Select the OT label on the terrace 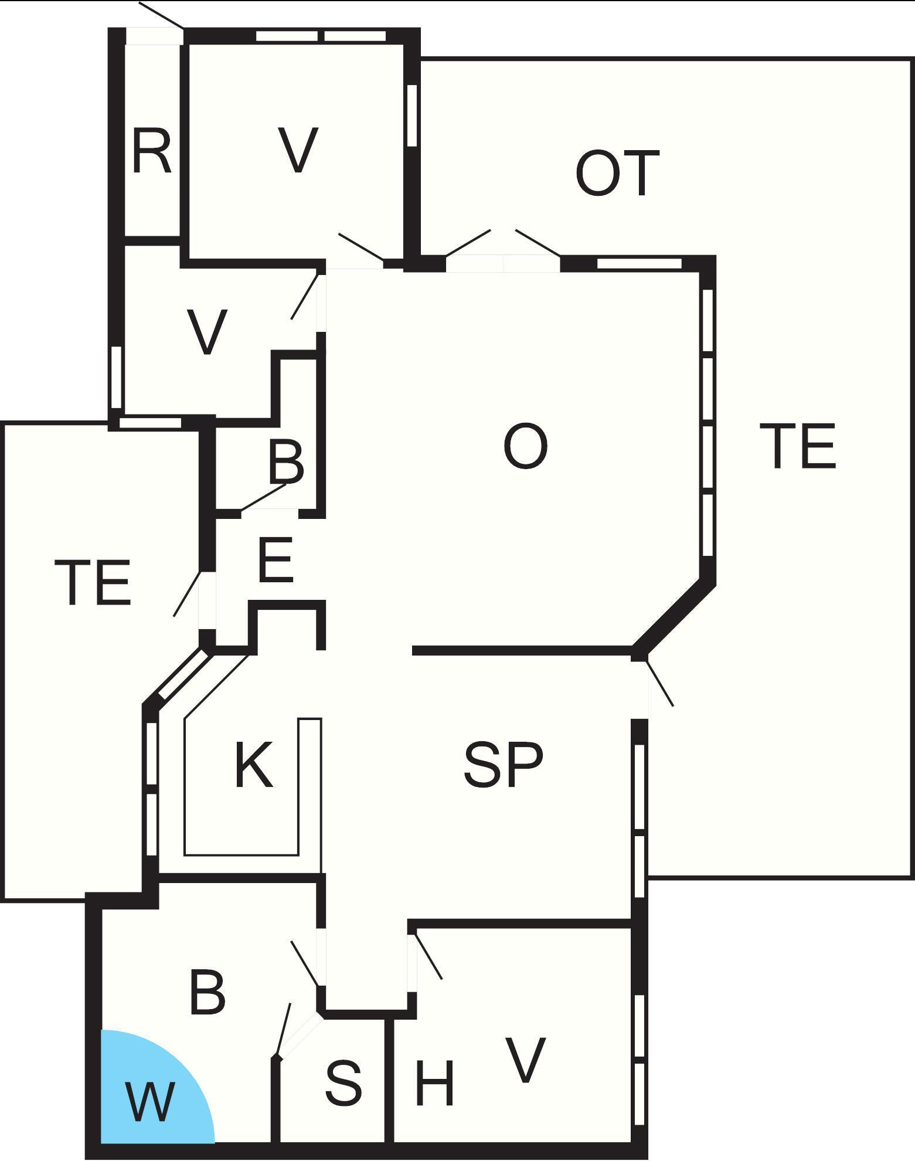(617, 174)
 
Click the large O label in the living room (526, 446)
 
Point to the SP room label (503, 765)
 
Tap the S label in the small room (343, 1082)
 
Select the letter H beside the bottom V (434, 1082)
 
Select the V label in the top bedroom (298, 150)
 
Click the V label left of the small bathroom (207, 332)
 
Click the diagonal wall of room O (674, 616)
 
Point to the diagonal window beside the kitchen (183, 676)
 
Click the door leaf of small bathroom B (264, 497)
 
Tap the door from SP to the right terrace (660, 684)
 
